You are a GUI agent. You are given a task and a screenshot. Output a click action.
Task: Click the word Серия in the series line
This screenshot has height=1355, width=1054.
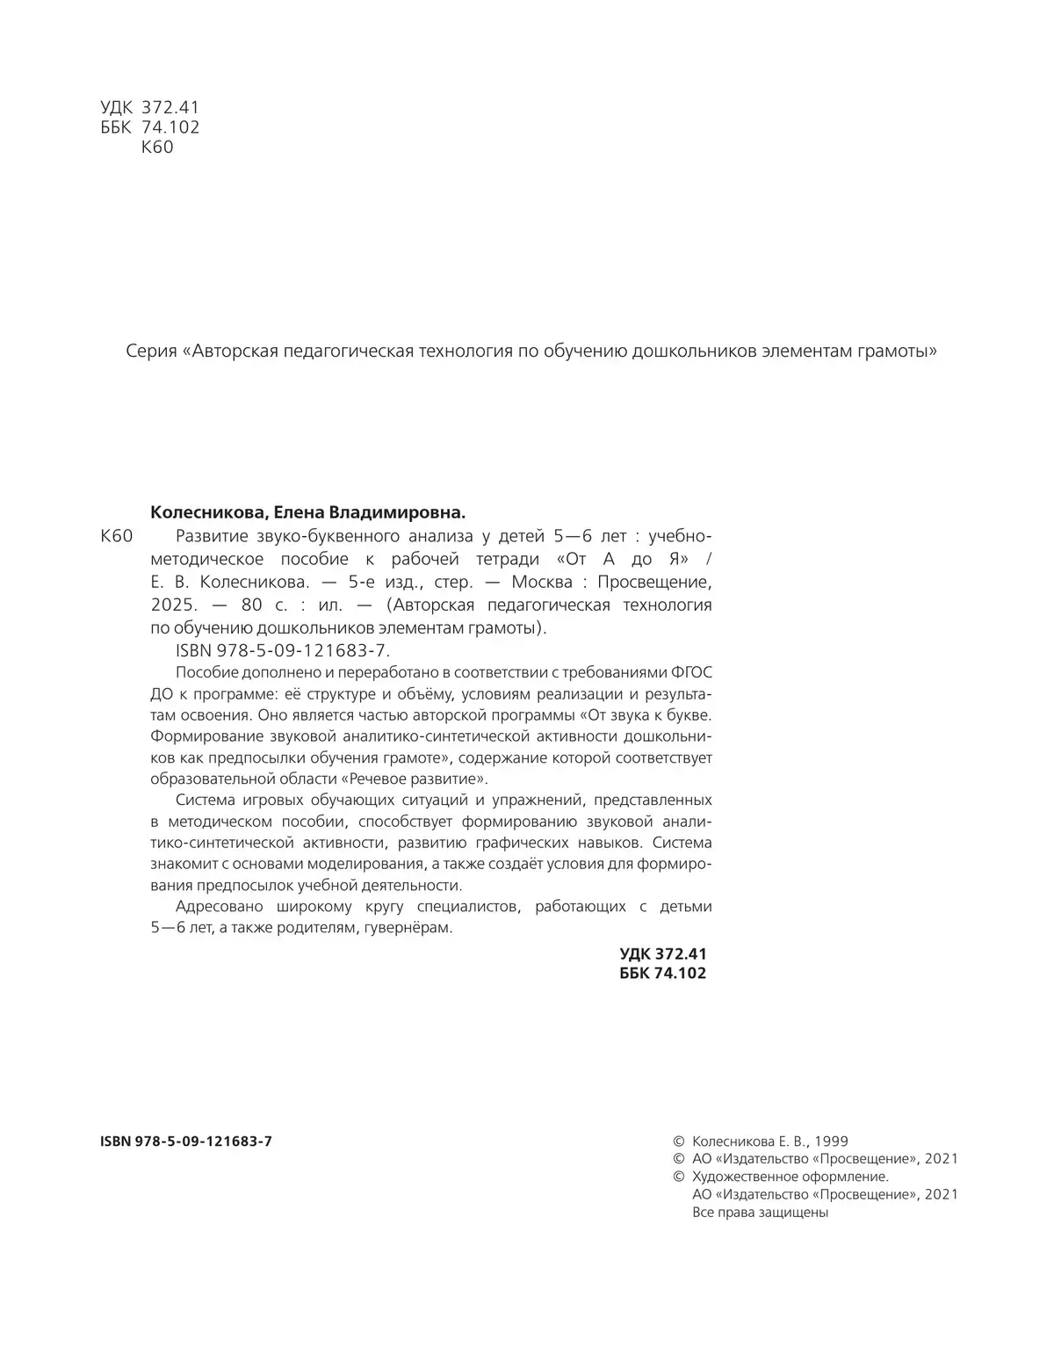(x=151, y=351)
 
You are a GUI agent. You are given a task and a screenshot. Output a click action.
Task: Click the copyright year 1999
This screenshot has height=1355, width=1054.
(x=831, y=1141)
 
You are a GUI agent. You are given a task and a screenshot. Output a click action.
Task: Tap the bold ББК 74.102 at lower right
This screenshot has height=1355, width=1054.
(x=662, y=973)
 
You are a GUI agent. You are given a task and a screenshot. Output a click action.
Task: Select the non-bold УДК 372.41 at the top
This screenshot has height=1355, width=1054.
(x=150, y=107)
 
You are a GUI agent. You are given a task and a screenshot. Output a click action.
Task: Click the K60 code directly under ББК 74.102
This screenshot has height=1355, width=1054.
(x=157, y=148)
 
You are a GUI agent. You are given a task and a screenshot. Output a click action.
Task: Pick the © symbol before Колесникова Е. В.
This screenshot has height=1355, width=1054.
(x=677, y=1141)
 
